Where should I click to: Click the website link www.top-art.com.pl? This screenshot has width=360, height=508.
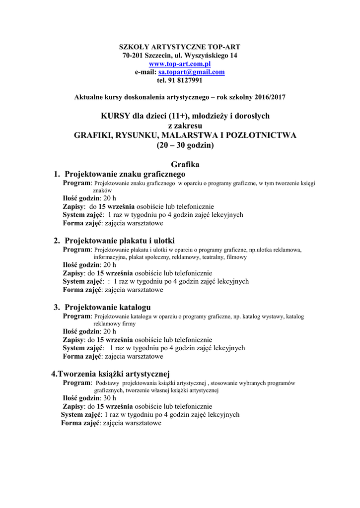tap(180, 64)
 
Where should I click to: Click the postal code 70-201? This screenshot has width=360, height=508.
tap(132, 56)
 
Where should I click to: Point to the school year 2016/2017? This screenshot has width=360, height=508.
tap(268, 97)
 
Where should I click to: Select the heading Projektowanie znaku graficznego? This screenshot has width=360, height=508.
tap(125, 174)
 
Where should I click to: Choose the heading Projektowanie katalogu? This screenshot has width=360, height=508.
tap(108, 307)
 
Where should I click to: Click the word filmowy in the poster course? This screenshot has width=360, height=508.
tap(236, 257)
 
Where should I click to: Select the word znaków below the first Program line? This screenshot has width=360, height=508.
tap(102, 190)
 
